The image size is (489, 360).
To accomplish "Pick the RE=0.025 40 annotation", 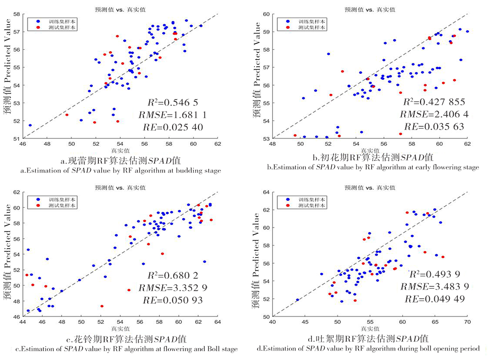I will (175, 127).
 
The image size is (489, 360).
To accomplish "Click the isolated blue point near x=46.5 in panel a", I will (30, 125).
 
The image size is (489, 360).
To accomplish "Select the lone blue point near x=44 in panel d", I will (297, 300).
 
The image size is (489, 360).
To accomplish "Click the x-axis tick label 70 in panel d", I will (467, 323).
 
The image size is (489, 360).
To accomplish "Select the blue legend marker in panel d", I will (289, 200).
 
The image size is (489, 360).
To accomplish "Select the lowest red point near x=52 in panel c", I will (102, 306).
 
